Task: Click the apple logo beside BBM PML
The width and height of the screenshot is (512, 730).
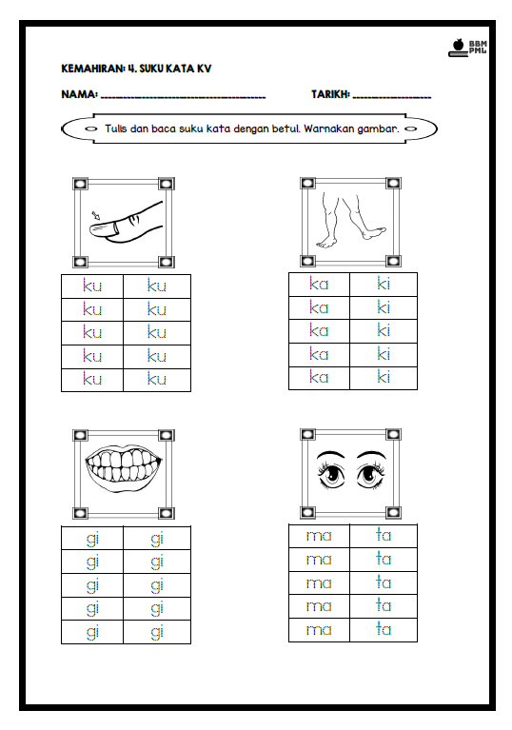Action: click(459, 45)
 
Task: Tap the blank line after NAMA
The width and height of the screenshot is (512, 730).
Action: click(183, 98)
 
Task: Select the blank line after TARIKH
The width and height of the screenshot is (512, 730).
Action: click(392, 98)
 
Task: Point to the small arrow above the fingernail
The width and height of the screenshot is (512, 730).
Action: click(96, 215)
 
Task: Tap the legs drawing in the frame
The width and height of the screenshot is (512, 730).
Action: click(351, 222)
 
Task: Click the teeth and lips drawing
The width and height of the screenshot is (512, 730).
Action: click(124, 466)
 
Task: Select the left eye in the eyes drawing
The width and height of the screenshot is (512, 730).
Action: click(331, 475)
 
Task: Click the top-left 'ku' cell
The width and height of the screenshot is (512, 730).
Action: click(92, 286)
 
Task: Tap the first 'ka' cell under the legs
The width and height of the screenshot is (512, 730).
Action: click(319, 285)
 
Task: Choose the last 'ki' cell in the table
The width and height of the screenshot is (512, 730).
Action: click(384, 378)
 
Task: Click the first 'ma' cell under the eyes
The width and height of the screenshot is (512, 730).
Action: click(319, 537)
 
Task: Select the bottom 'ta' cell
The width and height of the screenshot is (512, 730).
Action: click(384, 630)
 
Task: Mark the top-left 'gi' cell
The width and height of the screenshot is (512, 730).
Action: click(92, 538)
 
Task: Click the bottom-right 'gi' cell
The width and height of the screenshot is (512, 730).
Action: click(157, 632)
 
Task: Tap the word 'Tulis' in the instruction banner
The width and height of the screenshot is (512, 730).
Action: click(116, 128)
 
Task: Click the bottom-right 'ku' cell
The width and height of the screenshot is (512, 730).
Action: click(157, 380)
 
